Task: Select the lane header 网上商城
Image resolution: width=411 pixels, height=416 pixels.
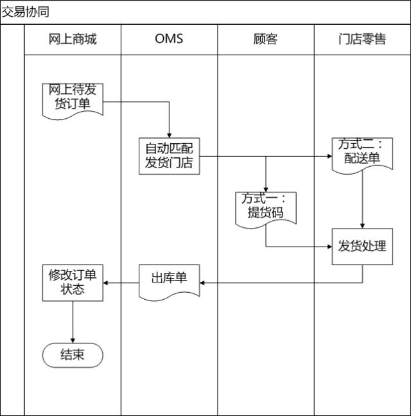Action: pos(73,39)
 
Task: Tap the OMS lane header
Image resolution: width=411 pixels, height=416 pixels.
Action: pos(169,39)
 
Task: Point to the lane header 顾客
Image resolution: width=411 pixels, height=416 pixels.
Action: pos(265,39)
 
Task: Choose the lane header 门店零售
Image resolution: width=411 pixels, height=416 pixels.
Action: pos(362,39)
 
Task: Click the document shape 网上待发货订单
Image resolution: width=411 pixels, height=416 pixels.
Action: pos(73,98)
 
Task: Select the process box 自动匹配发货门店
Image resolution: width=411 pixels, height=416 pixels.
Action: pos(169,155)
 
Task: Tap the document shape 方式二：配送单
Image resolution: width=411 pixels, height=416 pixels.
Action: pos(362,153)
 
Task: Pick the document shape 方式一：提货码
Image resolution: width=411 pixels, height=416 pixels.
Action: pos(265,207)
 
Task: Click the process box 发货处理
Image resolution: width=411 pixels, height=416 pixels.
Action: pos(362,245)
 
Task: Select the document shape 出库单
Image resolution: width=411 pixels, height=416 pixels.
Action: pos(169,279)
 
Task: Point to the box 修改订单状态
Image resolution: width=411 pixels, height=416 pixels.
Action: pos(73,282)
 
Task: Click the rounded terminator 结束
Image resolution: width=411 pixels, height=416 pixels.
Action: pos(73,354)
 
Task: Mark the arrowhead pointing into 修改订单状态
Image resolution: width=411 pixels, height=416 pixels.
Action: pos(107,282)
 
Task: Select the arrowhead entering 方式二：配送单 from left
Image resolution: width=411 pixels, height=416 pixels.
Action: pos(328,156)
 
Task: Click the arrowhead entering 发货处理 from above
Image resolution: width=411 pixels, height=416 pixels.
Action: pos(362,225)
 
